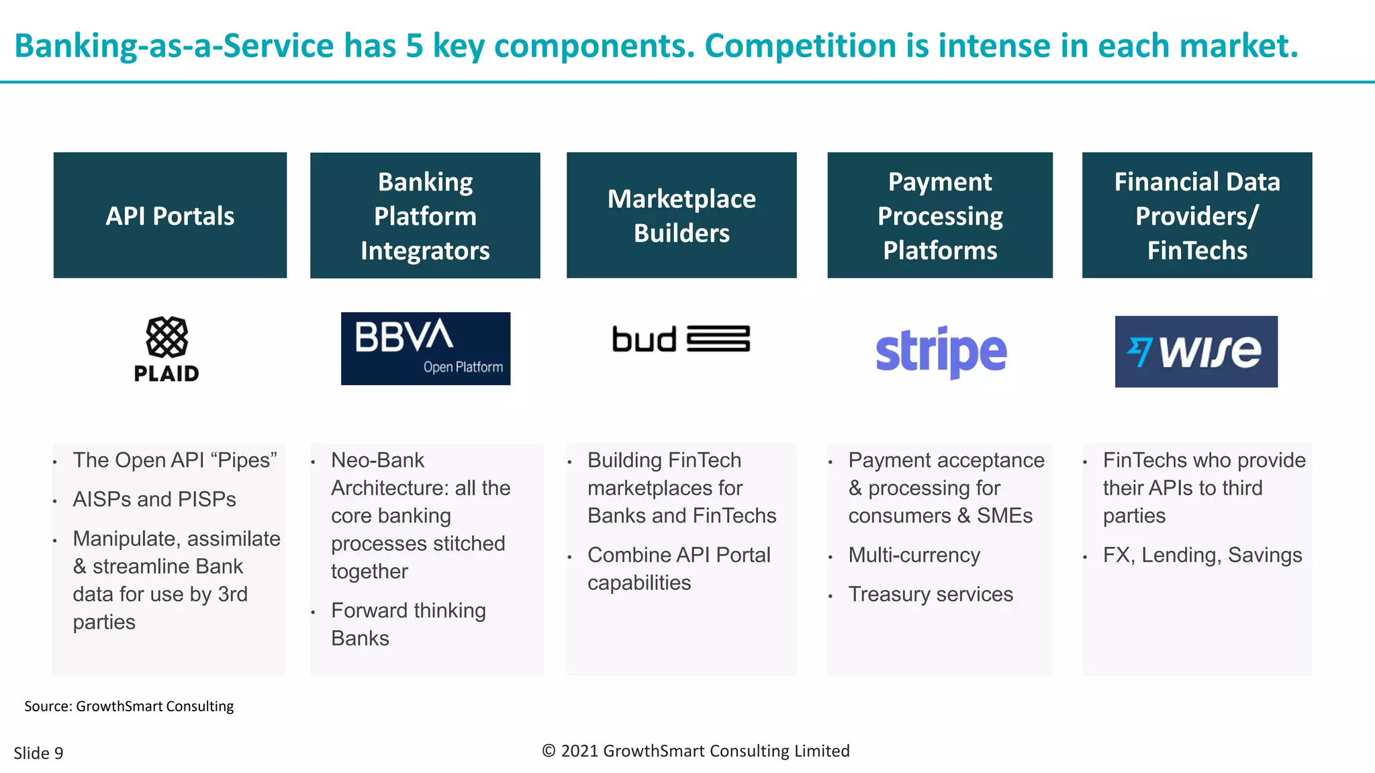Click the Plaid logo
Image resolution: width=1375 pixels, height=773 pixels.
tap(167, 349)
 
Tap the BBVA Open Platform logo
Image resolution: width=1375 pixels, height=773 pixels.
tap(425, 348)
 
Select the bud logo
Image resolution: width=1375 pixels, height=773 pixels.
tap(681, 339)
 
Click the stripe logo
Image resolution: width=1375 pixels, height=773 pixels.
tap(941, 352)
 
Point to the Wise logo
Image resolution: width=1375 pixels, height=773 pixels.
tap(1196, 352)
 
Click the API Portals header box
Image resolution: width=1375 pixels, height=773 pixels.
tap(170, 215)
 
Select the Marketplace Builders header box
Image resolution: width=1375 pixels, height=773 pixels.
tap(681, 215)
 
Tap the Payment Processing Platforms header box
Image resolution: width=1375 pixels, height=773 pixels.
tap(939, 215)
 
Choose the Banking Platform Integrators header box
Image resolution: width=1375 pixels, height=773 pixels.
tap(425, 215)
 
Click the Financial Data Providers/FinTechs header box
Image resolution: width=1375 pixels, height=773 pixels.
tap(1196, 215)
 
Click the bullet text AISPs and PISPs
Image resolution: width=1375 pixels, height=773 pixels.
tap(154, 499)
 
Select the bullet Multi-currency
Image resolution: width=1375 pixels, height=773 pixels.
tap(914, 555)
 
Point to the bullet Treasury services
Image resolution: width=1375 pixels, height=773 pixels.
tap(931, 594)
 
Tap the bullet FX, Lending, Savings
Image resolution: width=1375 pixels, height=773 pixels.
tap(1202, 555)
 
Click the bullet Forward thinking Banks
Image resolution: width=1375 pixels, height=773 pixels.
tap(408, 624)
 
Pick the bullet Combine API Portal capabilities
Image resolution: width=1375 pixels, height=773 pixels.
tap(678, 568)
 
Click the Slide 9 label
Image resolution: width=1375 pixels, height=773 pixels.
tap(38, 753)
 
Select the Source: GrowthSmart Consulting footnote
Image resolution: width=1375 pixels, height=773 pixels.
tap(129, 706)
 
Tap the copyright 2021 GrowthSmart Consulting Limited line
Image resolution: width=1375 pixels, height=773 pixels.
tap(696, 751)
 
